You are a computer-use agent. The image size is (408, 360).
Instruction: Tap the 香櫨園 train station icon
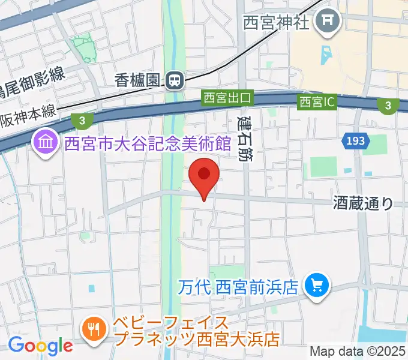pos(175,79)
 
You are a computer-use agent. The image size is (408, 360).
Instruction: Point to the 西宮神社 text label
pos(276,23)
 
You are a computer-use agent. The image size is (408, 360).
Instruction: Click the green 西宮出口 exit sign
pos(229,97)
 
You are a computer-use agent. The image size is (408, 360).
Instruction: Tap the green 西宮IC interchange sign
pos(317,103)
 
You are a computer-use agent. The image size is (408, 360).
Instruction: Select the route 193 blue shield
pos(355,142)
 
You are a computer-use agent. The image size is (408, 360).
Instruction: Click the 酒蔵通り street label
pos(364,203)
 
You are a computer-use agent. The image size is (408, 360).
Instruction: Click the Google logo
pos(40,346)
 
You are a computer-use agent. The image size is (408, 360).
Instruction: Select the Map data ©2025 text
pos(358,351)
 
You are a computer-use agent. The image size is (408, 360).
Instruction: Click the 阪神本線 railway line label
pos(27,111)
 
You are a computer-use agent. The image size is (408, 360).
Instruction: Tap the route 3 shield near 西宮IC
pos(388,106)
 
